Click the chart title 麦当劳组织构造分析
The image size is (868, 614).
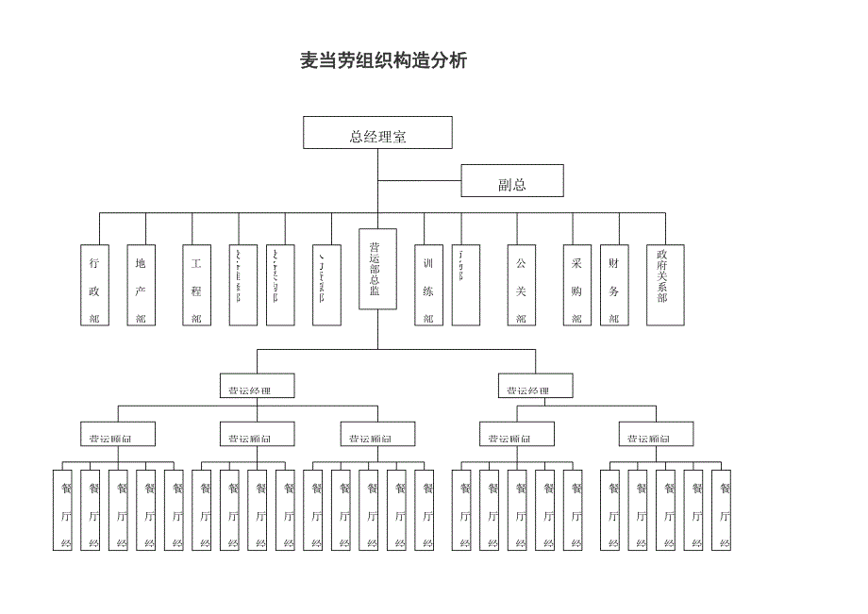tap(383, 61)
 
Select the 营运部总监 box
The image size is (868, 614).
tap(377, 269)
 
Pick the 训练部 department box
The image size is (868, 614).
tap(428, 286)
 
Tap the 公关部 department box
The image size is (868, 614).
tap(521, 286)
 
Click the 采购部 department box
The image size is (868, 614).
tap(576, 286)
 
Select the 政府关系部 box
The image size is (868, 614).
tap(665, 286)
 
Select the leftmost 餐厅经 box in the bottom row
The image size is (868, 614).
tap(62, 510)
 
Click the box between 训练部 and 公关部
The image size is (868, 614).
tap(466, 286)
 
